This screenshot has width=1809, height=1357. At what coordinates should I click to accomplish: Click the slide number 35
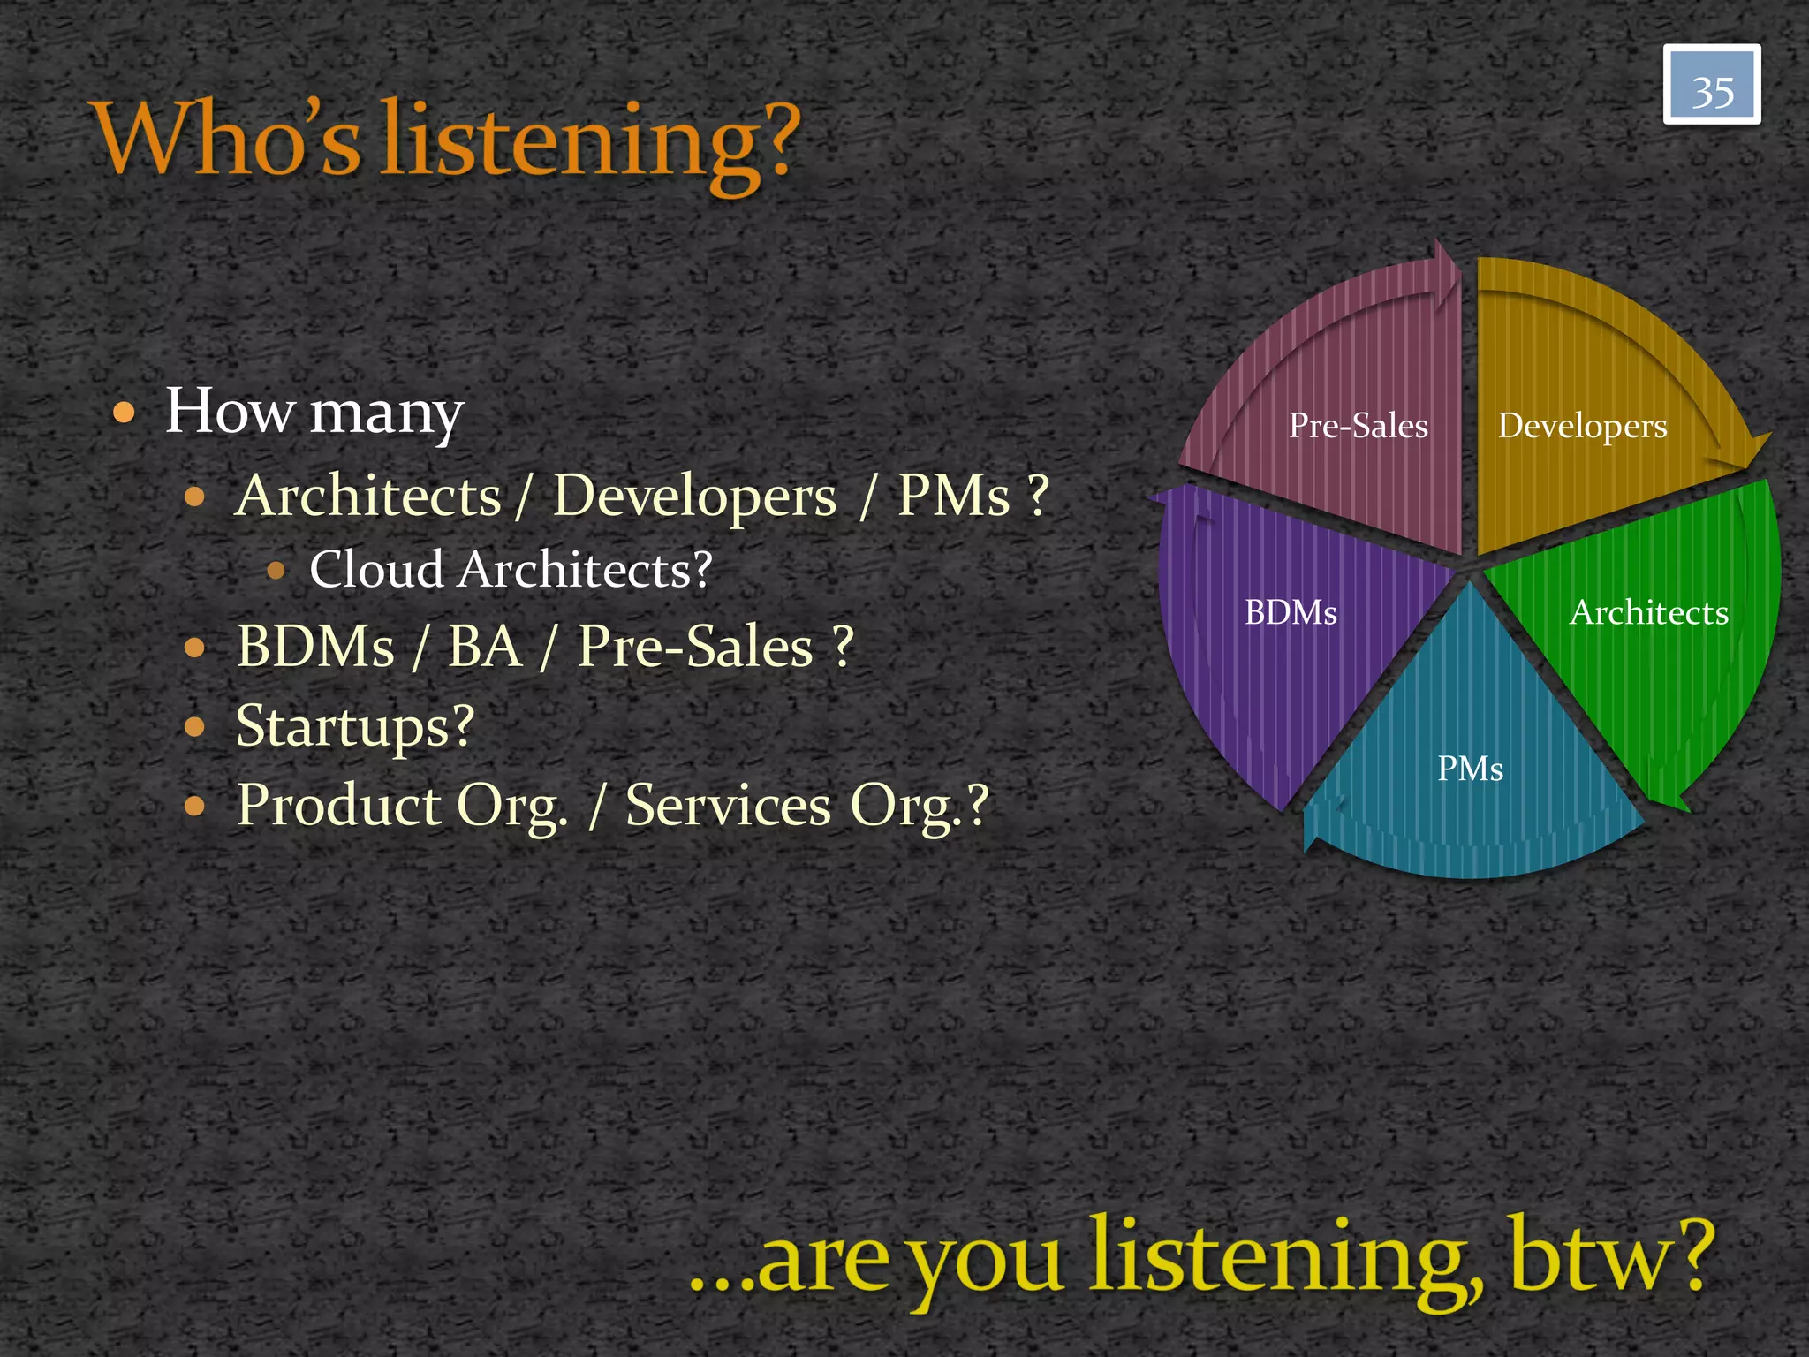(1712, 91)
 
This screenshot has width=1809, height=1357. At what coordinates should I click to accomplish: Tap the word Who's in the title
(226, 139)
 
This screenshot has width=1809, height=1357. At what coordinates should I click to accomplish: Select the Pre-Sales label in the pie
(1358, 426)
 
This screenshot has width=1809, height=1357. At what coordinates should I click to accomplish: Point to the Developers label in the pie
(1582, 426)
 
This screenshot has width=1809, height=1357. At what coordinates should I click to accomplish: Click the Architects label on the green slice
(1648, 612)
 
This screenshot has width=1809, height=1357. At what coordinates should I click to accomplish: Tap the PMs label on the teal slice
(1470, 769)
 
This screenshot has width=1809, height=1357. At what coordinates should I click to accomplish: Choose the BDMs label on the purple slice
(1291, 612)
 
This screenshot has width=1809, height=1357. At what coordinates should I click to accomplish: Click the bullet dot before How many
(125, 413)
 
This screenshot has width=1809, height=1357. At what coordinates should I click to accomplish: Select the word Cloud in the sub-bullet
(375, 569)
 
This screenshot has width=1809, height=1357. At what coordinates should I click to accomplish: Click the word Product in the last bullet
(338, 805)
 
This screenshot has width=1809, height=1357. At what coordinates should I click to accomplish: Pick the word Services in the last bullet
(728, 805)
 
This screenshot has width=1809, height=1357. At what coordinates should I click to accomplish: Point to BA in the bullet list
(484, 647)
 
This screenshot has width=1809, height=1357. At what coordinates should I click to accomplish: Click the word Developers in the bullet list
(694, 496)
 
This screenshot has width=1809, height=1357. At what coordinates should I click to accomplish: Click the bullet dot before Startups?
(195, 728)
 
